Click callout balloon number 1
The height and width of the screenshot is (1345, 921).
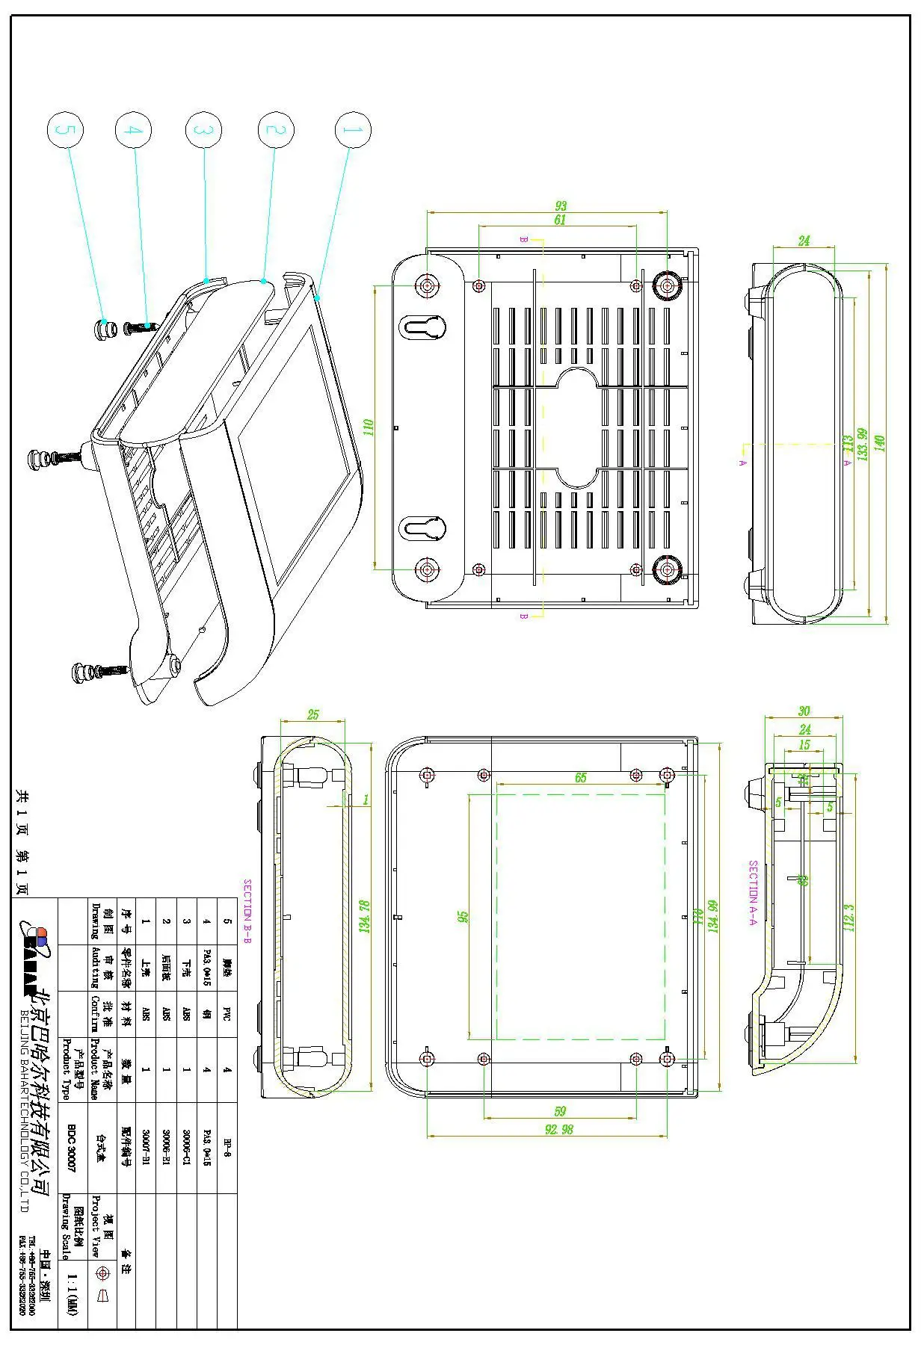point(351,130)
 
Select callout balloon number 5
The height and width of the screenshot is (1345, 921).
point(65,130)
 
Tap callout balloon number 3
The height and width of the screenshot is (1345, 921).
point(203,130)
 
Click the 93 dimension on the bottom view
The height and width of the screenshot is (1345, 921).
point(560,205)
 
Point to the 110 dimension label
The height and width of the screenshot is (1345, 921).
point(368,427)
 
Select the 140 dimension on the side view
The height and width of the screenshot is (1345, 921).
point(879,442)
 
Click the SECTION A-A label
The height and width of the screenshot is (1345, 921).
point(753,893)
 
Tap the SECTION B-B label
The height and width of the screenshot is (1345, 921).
point(247,911)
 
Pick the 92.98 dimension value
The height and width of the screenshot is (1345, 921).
point(558,1130)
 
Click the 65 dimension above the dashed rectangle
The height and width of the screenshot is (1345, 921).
point(581,778)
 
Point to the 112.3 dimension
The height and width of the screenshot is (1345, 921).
point(848,917)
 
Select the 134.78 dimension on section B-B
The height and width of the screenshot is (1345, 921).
point(365,916)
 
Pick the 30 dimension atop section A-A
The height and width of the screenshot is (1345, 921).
point(804,711)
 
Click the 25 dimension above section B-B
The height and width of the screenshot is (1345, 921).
point(312,714)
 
